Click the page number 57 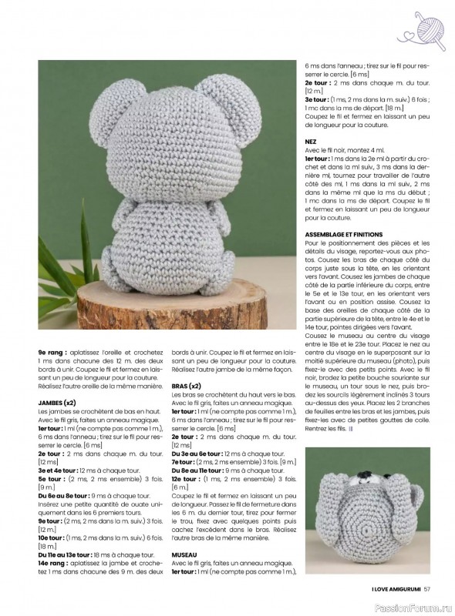[436, 591]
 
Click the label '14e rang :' [53, 562]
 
